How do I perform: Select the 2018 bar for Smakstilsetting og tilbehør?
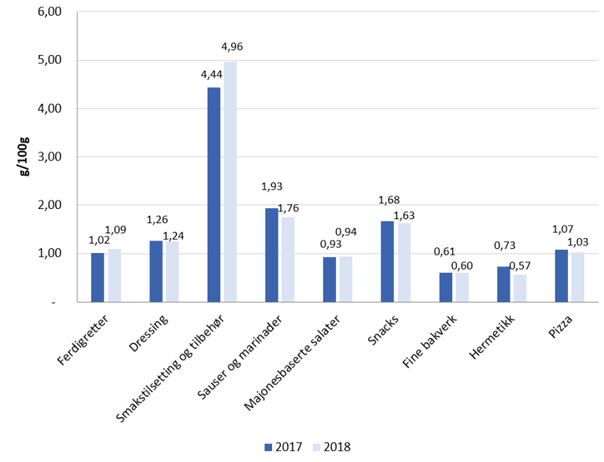pyautogui.click(x=230, y=181)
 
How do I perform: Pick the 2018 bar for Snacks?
pyautogui.click(x=404, y=262)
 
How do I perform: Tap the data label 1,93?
pyautogui.click(x=272, y=187)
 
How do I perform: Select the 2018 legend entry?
pyautogui.click(x=331, y=447)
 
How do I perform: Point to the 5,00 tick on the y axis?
pyautogui.click(x=50, y=60)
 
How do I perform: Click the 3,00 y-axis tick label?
pyautogui.click(x=50, y=157)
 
